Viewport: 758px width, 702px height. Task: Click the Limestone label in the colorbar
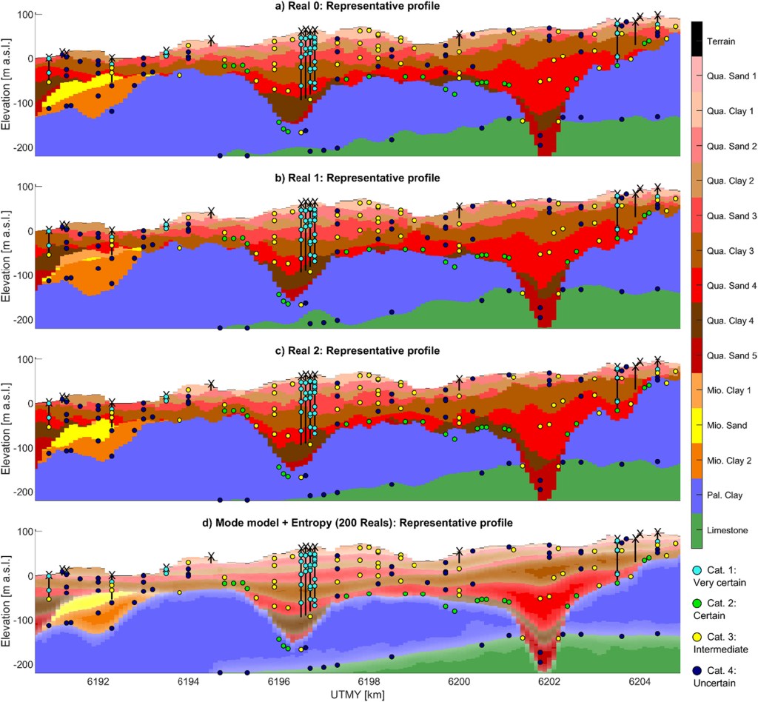725,530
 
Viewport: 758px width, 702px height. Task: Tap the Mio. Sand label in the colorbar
725,425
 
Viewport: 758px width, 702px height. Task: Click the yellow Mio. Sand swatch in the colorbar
696,425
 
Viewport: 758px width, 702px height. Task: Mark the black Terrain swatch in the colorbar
696,41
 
